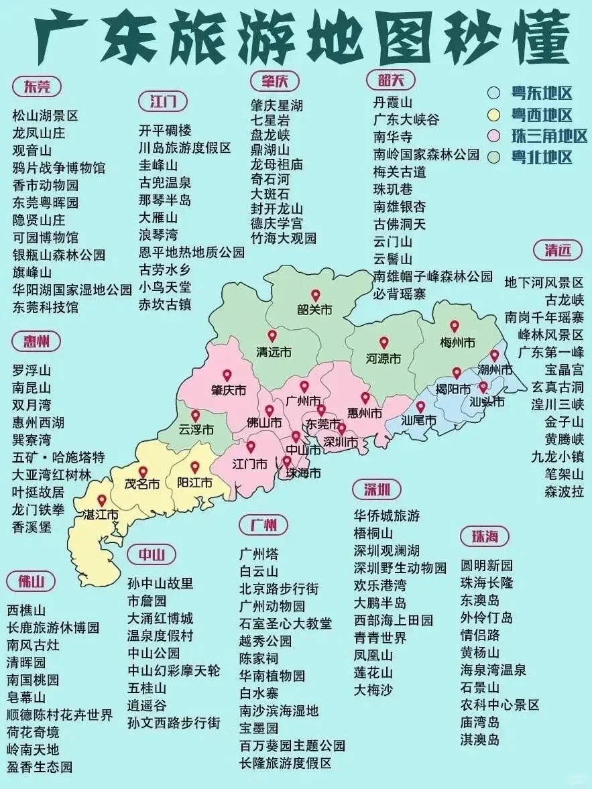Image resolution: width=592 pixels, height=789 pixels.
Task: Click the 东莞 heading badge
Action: tap(36, 86)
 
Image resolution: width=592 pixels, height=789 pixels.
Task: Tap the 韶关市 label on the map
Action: tap(314, 310)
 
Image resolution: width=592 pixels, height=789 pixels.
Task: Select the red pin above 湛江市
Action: tap(101, 500)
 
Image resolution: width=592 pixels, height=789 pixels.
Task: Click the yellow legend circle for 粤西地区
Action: tap(494, 115)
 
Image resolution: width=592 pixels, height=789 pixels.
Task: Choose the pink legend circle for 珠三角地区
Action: tap(494, 137)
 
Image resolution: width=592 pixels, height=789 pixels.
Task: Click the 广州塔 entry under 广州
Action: tap(259, 554)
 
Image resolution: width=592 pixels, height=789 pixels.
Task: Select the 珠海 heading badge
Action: tap(485, 536)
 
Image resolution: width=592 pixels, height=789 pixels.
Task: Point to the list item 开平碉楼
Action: tap(165, 130)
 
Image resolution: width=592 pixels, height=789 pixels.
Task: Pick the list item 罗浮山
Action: tap(32, 370)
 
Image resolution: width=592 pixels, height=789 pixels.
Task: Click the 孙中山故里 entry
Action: tap(160, 583)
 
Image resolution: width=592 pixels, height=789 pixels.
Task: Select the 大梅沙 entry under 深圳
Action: tap(373, 689)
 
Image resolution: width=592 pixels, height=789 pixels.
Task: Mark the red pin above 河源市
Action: tap(383, 343)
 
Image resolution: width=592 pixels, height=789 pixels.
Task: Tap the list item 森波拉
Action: tap(564, 491)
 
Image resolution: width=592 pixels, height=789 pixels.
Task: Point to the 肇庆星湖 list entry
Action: tap(277, 106)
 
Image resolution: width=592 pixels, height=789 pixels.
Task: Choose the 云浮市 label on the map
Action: tap(195, 430)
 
